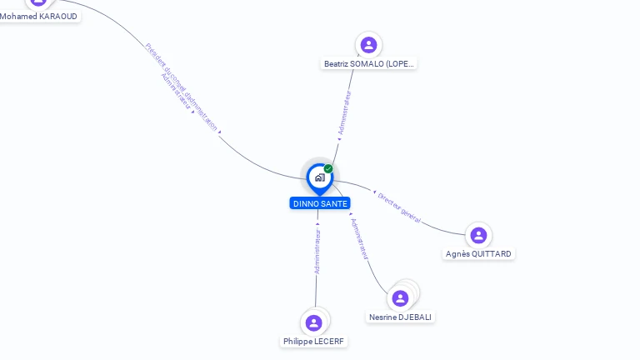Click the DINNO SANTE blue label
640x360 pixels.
pos(320,203)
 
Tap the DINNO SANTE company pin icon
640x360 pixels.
pos(319,177)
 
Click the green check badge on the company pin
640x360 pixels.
pos(328,169)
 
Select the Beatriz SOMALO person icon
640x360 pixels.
pos(368,45)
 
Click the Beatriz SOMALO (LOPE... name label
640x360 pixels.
pos(368,63)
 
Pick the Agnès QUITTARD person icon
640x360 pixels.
pos(478,235)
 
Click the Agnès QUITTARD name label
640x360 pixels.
pos(478,253)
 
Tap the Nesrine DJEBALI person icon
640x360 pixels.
pos(400,298)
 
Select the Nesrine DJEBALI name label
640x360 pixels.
pos(401,317)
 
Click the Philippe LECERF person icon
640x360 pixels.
pos(313,322)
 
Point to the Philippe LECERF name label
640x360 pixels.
pos(313,341)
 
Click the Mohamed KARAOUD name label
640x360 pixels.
pos(38,16)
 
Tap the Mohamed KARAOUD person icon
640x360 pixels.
pos(38,2)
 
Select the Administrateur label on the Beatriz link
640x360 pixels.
pos(344,112)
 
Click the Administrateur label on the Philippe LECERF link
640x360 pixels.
pos(317,251)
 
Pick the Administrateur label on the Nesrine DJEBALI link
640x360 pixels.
pos(360,240)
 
